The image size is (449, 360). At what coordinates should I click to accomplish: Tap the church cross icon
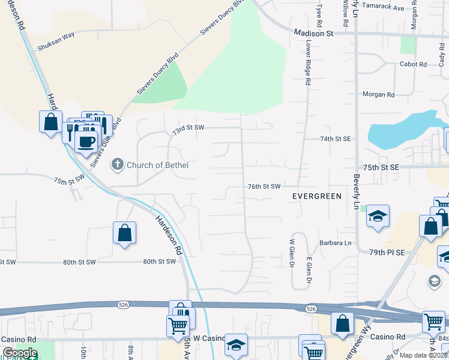pyautogui.click(x=118, y=164)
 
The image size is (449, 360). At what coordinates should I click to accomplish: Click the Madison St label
pyautogui.click(x=313, y=34)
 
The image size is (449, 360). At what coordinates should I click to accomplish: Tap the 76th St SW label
pyautogui.click(x=265, y=187)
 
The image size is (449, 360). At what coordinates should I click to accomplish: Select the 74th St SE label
pyautogui.click(x=335, y=139)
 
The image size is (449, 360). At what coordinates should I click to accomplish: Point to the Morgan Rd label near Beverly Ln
pyautogui.click(x=378, y=95)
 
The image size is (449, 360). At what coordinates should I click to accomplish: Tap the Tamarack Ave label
pyautogui.click(x=386, y=8)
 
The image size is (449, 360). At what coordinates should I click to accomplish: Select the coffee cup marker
pyautogui.click(x=86, y=142)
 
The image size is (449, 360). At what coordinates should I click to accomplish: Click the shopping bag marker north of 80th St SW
pyautogui.click(x=124, y=233)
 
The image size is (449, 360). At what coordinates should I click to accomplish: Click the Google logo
pyautogui.click(x=19, y=353)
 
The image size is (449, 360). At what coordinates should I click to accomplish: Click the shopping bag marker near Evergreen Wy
pyautogui.click(x=342, y=323)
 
